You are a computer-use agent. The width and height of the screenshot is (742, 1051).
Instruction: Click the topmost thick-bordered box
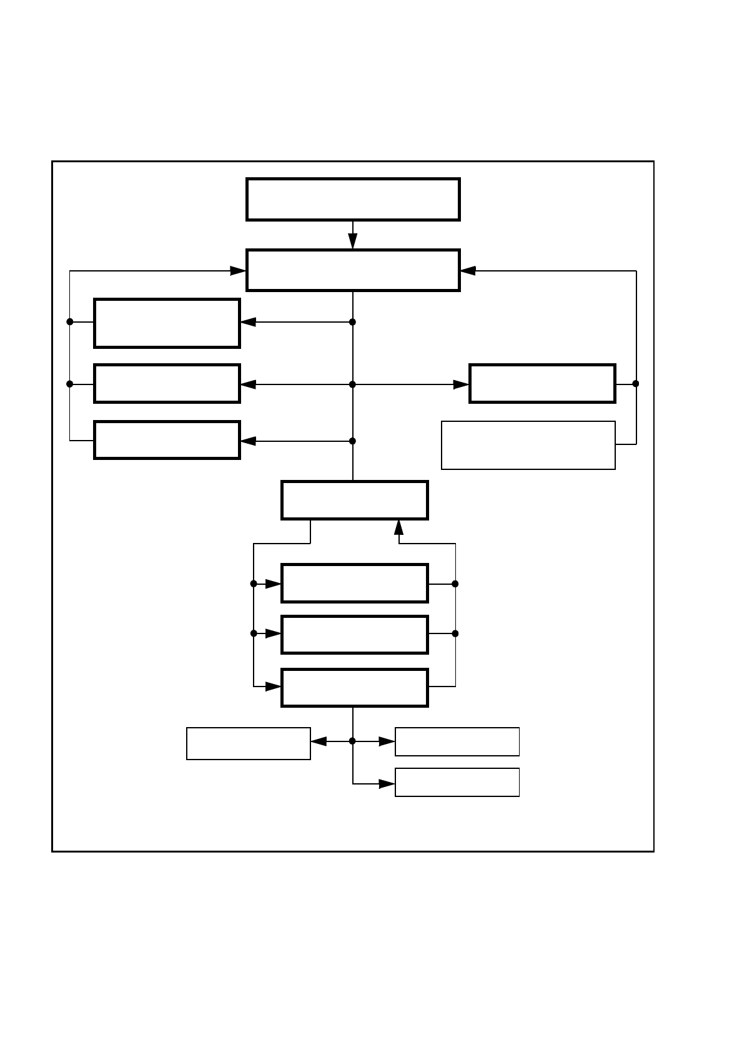click(353, 199)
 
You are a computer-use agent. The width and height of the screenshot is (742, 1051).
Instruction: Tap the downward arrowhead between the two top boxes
click(353, 242)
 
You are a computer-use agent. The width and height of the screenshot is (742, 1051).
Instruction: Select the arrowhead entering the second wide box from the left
click(238, 271)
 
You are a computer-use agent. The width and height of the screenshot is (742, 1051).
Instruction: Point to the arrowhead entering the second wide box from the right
click(468, 271)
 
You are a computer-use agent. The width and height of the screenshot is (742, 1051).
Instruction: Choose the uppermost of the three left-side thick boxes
click(167, 323)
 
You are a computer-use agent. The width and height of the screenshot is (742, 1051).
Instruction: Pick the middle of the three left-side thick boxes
click(167, 383)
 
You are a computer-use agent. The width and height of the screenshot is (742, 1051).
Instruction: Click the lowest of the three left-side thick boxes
click(167, 440)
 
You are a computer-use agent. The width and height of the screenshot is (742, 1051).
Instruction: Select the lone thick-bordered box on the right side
click(542, 383)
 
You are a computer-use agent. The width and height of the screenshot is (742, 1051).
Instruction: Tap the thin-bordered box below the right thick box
click(528, 445)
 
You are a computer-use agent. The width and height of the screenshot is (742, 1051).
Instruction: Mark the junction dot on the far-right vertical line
click(636, 384)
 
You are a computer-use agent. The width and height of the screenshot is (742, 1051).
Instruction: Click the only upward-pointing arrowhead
click(399, 527)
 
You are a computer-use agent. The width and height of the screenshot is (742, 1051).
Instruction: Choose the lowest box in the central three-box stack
click(354, 687)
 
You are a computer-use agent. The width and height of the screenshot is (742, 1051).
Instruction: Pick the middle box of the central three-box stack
click(354, 634)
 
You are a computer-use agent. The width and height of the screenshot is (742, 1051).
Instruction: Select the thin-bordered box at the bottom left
click(249, 743)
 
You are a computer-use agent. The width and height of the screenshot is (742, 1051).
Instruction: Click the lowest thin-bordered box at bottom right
click(457, 782)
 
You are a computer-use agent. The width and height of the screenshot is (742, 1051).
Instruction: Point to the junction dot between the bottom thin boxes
click(352, 741)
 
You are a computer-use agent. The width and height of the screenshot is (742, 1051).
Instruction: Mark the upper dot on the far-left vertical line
click(70, 321)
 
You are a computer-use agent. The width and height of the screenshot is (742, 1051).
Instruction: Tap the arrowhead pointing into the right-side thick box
click(461, 384)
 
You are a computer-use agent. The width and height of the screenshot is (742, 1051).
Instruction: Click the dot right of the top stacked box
click(455, 584)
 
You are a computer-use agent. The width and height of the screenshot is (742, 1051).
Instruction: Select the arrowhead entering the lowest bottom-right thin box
click(387, 784)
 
